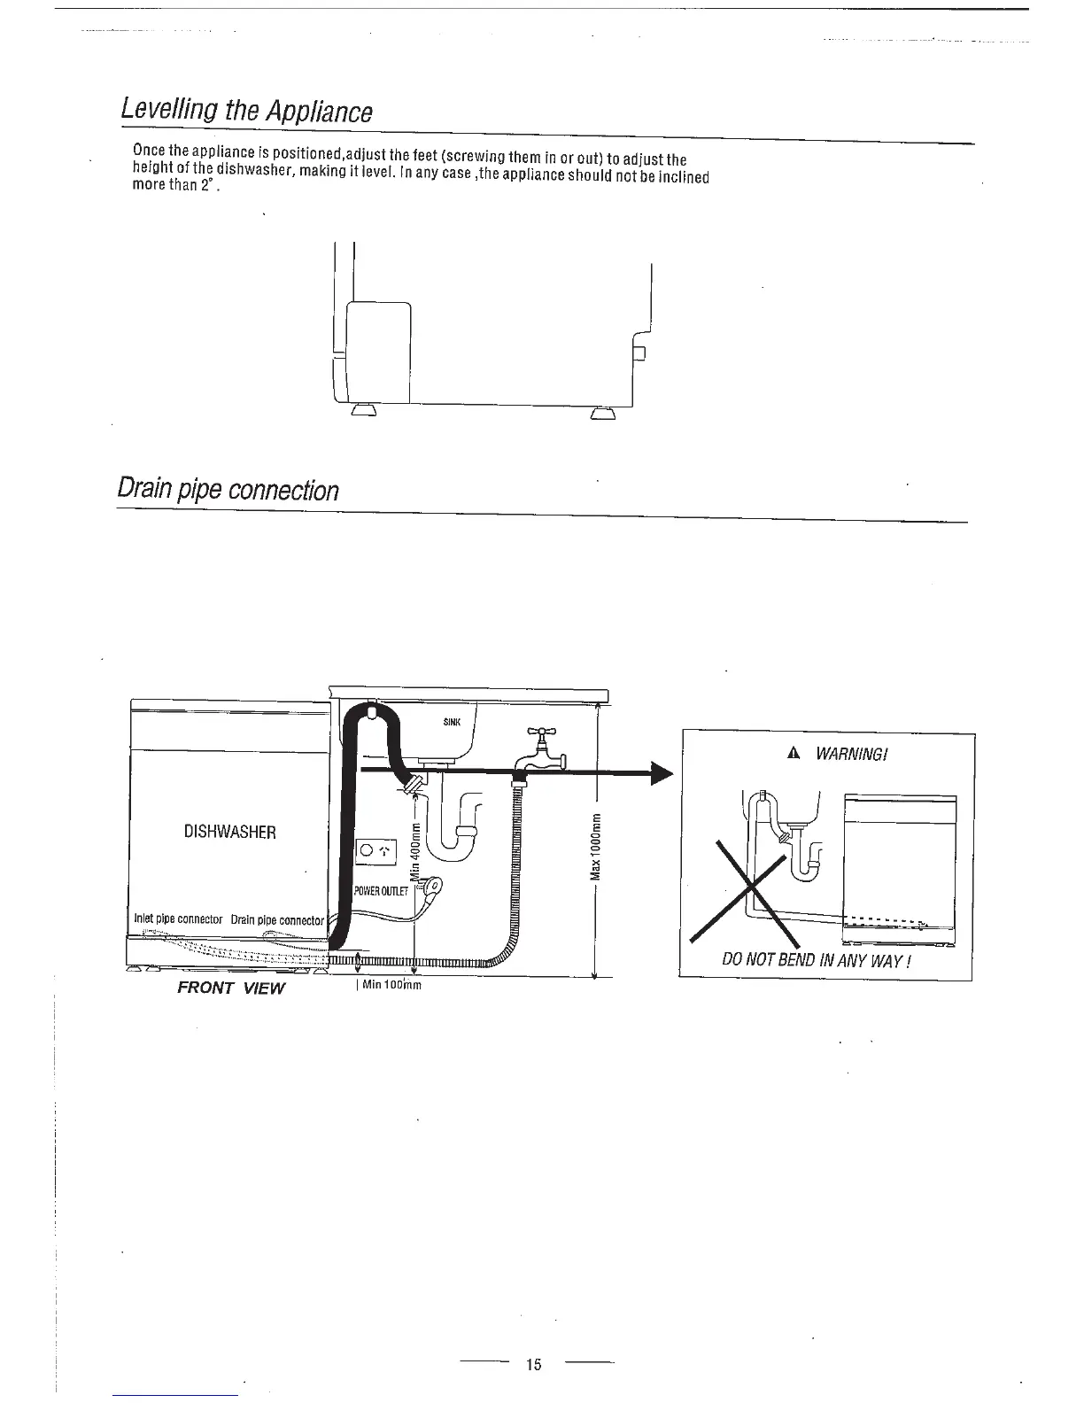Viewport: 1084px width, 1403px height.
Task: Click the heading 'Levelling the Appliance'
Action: (246, 111)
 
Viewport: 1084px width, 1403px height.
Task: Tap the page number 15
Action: (533, 1364)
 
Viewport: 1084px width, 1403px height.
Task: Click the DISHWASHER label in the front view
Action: (229, 832)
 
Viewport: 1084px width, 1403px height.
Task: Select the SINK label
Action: (451, 722)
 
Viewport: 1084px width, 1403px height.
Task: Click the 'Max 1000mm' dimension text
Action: (596, 847)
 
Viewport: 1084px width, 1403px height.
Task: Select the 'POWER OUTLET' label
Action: (380, 891)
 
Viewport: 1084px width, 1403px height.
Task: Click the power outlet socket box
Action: (377, 852)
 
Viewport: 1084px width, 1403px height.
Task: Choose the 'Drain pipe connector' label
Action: (277, 920)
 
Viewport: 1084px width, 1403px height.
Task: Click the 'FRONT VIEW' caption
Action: (231, 988)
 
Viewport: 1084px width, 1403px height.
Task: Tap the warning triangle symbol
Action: (794, 753)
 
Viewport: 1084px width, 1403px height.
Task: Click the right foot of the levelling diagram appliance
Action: (602, 415)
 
